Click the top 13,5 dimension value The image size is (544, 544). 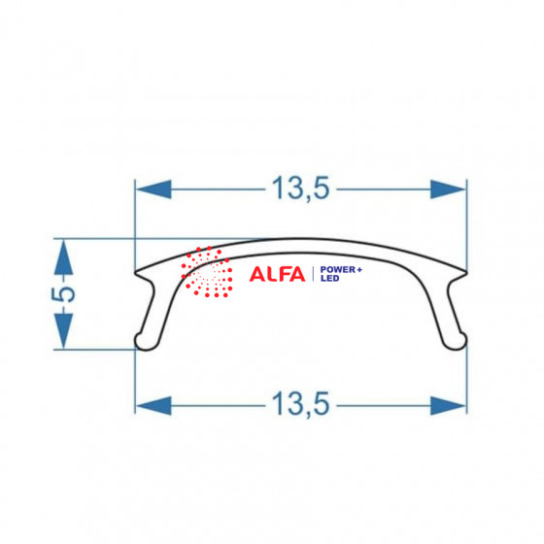coord(300,188)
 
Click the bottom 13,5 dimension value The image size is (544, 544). coord(300,404)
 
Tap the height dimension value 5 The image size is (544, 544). coord(63,294)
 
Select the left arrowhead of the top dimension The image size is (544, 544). coord(153,189)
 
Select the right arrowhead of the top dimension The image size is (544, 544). coord(448,189)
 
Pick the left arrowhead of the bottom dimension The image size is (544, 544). coord(153,406)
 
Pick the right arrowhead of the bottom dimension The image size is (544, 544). coord(448,406)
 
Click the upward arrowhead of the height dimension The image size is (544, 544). coord(63,257)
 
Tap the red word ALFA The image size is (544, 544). coord(277,274)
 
